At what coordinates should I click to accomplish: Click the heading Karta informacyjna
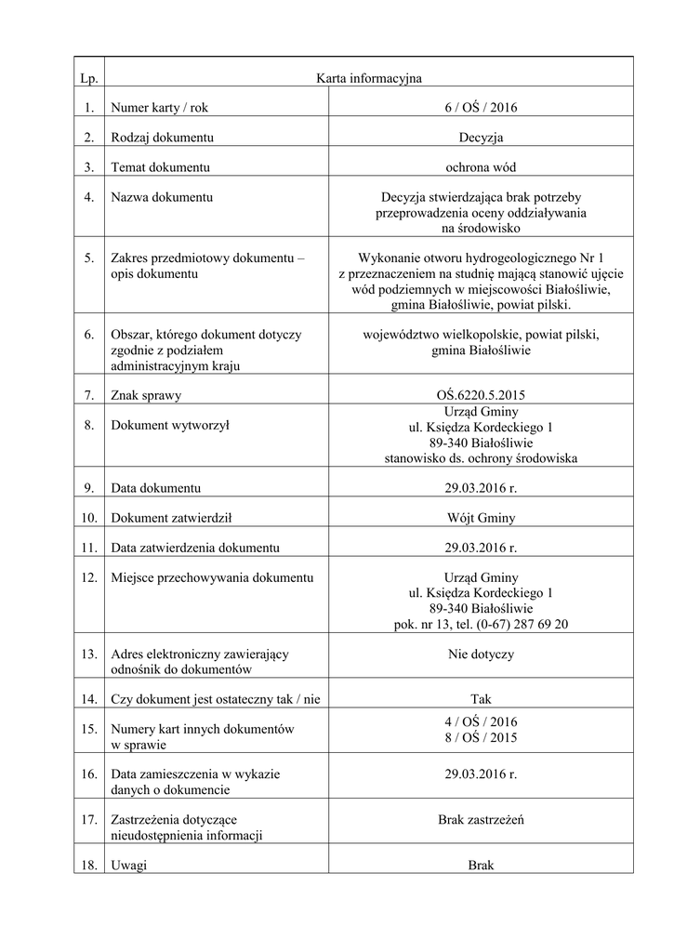(x=369, y=78)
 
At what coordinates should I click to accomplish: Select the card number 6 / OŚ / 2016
(x=481, y=108)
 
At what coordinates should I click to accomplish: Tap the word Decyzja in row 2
(x=481, y=138)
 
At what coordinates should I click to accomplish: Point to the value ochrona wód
(x=481, y=167)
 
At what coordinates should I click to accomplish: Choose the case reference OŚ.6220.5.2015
(x=481, y=396)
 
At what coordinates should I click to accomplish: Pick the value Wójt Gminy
(x=481, y=517)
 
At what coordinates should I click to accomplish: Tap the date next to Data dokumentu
(x=481, y=487)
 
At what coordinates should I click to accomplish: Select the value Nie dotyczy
(x=481, y=654)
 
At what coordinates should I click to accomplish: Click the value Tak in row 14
(x=481, y=699)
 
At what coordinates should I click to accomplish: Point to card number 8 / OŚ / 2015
(x=481, y=738)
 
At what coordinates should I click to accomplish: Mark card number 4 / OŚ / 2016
(x=481, y=722)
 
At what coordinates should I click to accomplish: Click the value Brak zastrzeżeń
(x=481, y=820)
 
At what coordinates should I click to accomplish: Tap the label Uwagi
(x=129, y=865)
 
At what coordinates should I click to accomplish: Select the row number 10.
(x=89, y=517)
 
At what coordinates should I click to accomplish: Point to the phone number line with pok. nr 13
(x=481, y=625)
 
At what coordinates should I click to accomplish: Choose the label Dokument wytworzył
(x=170, y=426)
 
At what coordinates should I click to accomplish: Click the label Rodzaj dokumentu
(x=163, y=138)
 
